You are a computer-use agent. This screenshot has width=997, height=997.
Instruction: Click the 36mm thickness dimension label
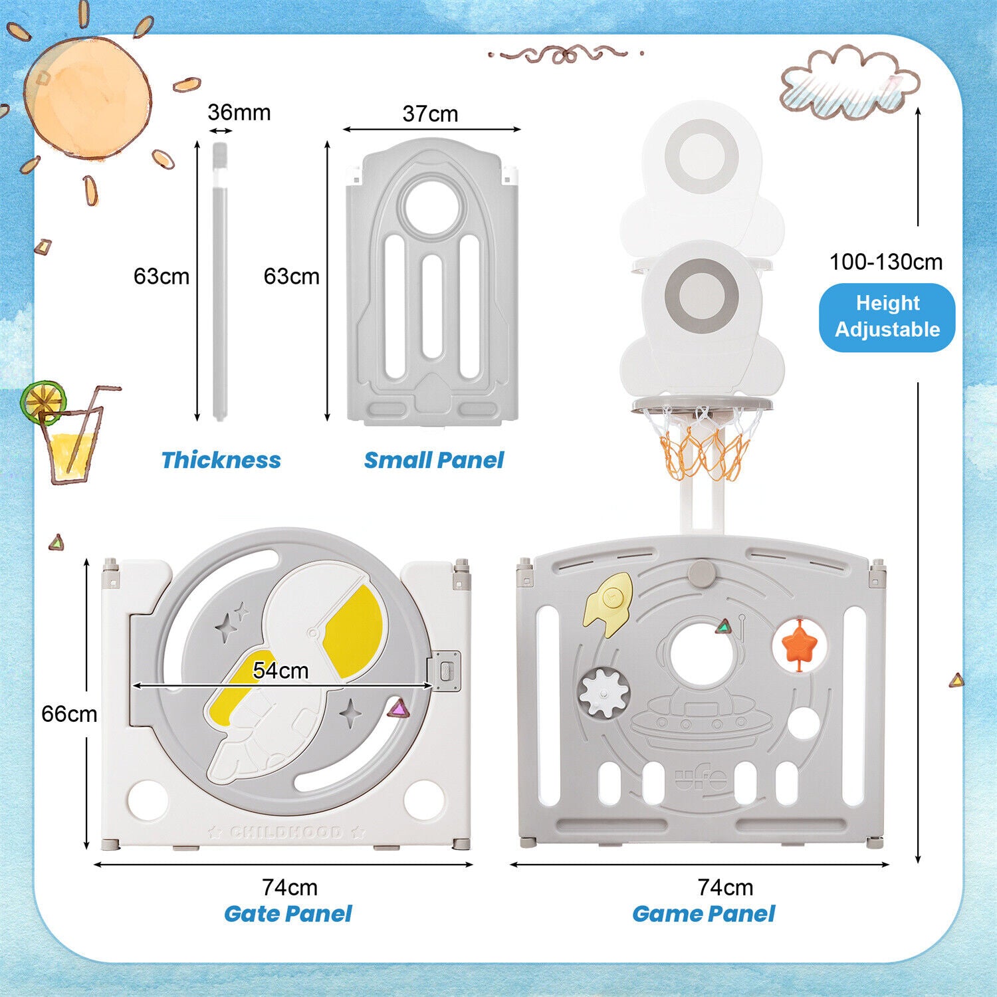tap(239, 112)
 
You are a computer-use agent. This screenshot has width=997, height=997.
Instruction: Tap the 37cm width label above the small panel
tap(430, 114)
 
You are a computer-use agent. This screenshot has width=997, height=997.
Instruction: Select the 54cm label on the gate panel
tap(280, 671)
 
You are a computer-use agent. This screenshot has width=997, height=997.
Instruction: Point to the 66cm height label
tap(69, 714)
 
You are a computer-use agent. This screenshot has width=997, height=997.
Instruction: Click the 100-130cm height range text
tap(886, 262)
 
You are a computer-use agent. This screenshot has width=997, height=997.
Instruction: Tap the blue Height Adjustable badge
tap(887, 317)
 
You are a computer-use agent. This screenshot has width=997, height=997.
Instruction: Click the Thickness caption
tap(221, 460)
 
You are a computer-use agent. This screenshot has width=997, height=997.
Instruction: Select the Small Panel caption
tap(434, 460)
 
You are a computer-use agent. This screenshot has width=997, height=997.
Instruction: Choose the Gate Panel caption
tap(288, 913)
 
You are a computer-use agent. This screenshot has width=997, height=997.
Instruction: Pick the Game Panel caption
tap(703, 913)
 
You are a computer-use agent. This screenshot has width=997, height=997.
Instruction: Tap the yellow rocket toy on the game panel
tap(608, 604)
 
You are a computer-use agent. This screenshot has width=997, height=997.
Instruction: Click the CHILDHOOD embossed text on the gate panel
tap(286, 832)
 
